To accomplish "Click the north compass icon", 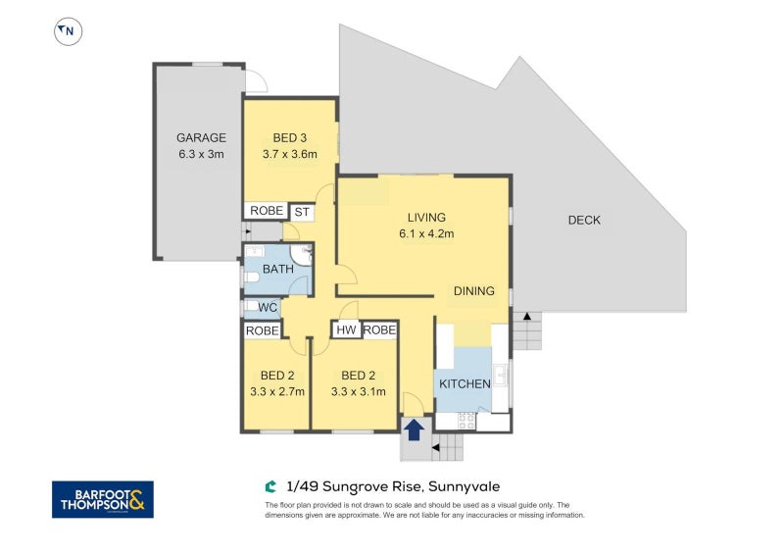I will click(68, 31).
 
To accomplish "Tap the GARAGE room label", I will click(201, 138).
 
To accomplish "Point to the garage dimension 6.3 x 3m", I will click(201, 154).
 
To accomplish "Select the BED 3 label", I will click(291, 138).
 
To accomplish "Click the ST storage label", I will click(302, 211).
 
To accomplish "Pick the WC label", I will click(266, 308).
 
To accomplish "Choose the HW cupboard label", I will click(346, 330).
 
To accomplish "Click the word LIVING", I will click(426, 218).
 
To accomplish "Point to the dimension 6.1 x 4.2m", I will click(426, 233).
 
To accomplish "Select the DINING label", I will click(473, 291).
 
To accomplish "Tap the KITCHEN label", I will click(465, 383).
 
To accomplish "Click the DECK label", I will click(584, 221).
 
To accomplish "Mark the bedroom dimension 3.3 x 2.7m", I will click(277, 391).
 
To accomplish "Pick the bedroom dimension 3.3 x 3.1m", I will click(359, 391).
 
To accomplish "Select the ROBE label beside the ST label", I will click(267, 211).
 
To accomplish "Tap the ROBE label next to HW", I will click(379, 330).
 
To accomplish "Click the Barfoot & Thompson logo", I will click(102, 498).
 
